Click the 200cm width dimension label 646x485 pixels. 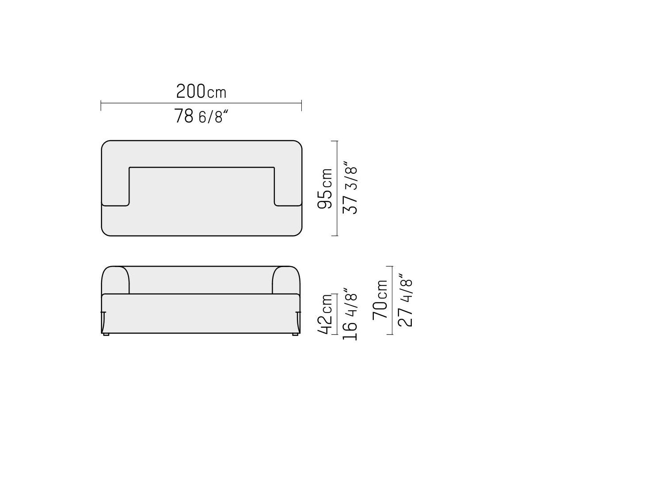201,91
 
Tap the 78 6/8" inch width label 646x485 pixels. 201,116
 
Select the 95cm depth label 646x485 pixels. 325,188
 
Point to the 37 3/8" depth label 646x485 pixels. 350,187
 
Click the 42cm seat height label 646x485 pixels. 325,314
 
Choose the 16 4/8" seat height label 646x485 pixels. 350,314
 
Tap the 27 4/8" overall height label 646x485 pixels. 405,300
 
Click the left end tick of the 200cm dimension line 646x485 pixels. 101,106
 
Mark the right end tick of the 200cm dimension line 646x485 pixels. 301,106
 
